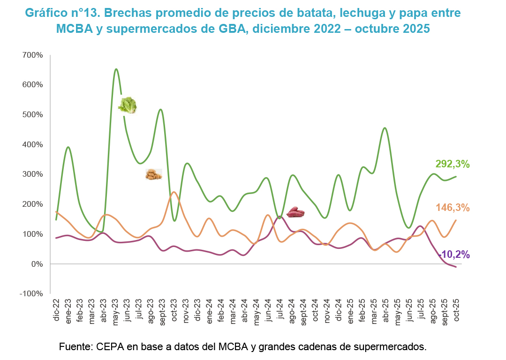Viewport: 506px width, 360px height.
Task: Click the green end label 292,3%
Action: (453, 164)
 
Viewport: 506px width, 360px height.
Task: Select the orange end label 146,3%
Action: (453, 208)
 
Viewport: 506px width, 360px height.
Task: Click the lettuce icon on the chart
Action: (127, 105)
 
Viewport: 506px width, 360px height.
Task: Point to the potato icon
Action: (154, 175)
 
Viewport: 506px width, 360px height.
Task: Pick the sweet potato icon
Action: (295, 212)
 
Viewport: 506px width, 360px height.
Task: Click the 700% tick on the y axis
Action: (32, 55)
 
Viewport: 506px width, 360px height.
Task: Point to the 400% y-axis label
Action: (32, 144)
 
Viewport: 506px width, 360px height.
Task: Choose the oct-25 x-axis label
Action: (455, 310)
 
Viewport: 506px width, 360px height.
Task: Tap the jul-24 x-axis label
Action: (279, 310)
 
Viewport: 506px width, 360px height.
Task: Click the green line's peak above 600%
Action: (116, 69)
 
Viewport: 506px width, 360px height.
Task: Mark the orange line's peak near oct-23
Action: (174, 192)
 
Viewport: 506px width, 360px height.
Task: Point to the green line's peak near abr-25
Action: (385, 128)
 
